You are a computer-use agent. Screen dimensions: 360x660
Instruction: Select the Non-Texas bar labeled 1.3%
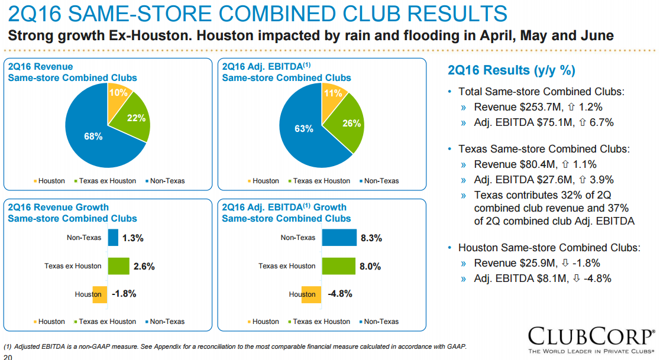113,238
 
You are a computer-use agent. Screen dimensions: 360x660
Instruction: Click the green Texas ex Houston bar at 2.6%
118,266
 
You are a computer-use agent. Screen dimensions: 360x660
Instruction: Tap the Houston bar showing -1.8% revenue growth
100,294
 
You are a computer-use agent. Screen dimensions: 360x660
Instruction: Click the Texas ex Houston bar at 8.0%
338,266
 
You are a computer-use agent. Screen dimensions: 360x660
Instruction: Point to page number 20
8,356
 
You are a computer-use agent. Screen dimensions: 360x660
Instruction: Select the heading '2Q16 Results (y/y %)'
512,70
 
